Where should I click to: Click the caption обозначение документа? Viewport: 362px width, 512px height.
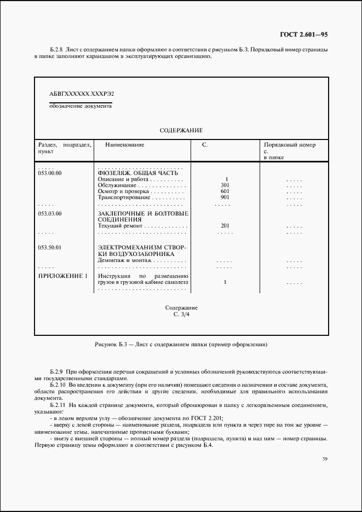click(x=81, y=106)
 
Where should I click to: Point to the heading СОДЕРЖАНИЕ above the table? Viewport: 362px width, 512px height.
click(x=181, y=130)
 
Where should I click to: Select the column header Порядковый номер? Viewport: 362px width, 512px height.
click(x=290, y=145)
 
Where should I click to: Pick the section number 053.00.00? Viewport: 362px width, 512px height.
click(x=50, y=173)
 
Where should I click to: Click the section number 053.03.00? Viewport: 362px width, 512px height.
click(x=50, y=213)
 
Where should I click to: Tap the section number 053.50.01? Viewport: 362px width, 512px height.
click(x=50, y=248)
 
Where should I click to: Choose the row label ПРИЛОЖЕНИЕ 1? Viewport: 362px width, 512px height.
click(x=62, y=276)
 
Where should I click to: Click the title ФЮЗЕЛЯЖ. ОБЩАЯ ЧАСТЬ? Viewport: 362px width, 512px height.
click(x=137, y=173)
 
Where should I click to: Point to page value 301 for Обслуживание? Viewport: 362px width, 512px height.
click(x=225, y=185)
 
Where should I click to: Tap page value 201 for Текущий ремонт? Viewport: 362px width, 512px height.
click(x=225, y=225)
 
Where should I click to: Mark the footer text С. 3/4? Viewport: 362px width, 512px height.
click(x=181, y=315)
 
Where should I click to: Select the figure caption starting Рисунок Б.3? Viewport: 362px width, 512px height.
click(x=181, y=345)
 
